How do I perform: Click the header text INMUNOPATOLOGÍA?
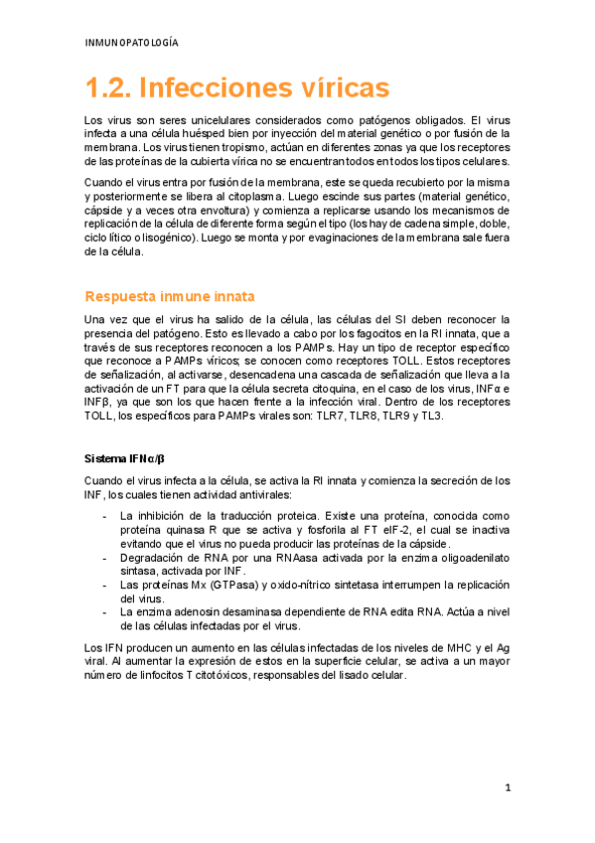[x=132, y=43]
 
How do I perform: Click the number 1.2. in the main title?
[x=107, y=88]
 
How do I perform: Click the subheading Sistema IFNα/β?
[x=125, y=458]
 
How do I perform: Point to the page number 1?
[x=507, y=787]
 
